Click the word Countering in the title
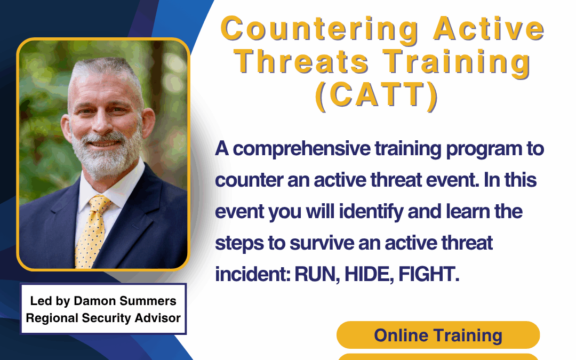[319, 30]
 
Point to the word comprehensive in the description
[301, 149]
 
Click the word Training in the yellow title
[457, 63]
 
